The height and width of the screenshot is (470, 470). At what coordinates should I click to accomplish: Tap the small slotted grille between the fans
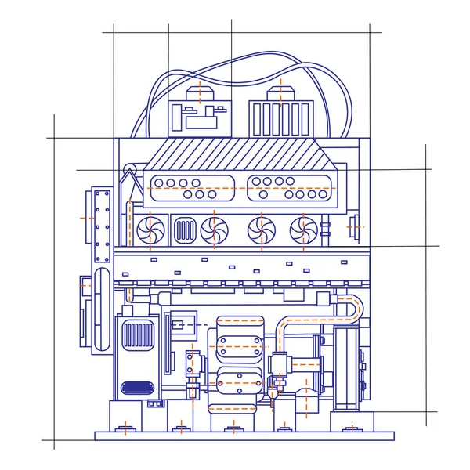tap(185, 230)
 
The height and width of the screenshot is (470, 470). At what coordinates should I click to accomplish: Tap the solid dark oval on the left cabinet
tap(138, 387)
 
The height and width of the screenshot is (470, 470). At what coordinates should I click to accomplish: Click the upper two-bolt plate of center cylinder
tap(240, 345)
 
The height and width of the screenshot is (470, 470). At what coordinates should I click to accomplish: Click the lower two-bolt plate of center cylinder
tap(240, 384)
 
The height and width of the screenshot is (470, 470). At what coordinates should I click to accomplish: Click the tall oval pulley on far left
tap(102, 309)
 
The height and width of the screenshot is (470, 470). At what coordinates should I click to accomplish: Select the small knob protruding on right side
tap(355, 226)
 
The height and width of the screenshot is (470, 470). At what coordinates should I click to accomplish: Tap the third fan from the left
tap(260, 230)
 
